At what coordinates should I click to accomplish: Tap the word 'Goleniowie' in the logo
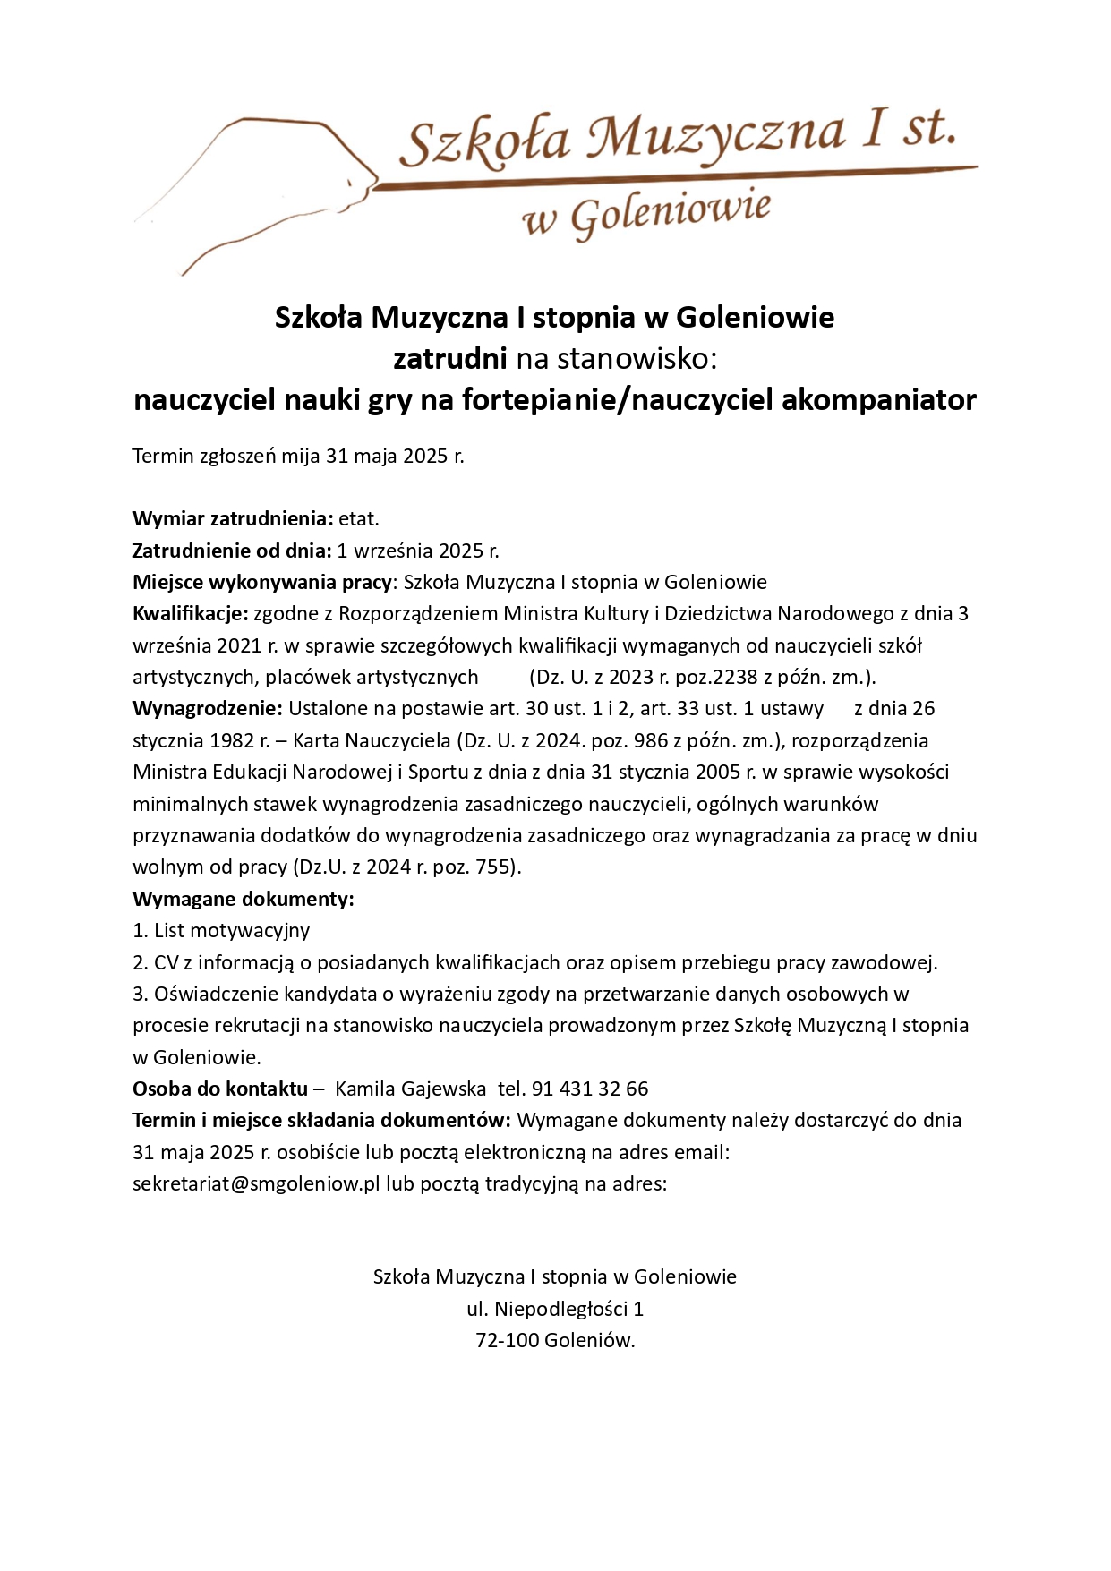[x=671, y=214]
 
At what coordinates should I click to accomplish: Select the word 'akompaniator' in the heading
[x=878, y=399]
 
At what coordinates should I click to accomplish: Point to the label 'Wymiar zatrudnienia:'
[x=233, y=519]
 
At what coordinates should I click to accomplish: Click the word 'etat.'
[x=358, y=519]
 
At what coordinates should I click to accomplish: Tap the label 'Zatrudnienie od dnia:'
[x=232, y=551]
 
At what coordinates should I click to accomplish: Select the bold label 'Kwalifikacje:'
[x=190, y=614]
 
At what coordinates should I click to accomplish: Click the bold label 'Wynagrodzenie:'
[x=207, y=709]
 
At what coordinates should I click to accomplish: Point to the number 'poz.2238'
[x=712, y=678]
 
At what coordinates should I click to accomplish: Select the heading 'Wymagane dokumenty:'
[x=243, y=899]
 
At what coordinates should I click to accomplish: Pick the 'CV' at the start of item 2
[x=167, y=963]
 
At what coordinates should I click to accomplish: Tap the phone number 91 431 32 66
[x=590, y=1089]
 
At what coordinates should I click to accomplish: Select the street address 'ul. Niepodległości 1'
[x=555, y=1310]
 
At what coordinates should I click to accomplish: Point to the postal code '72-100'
[x=507, y=1341]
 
